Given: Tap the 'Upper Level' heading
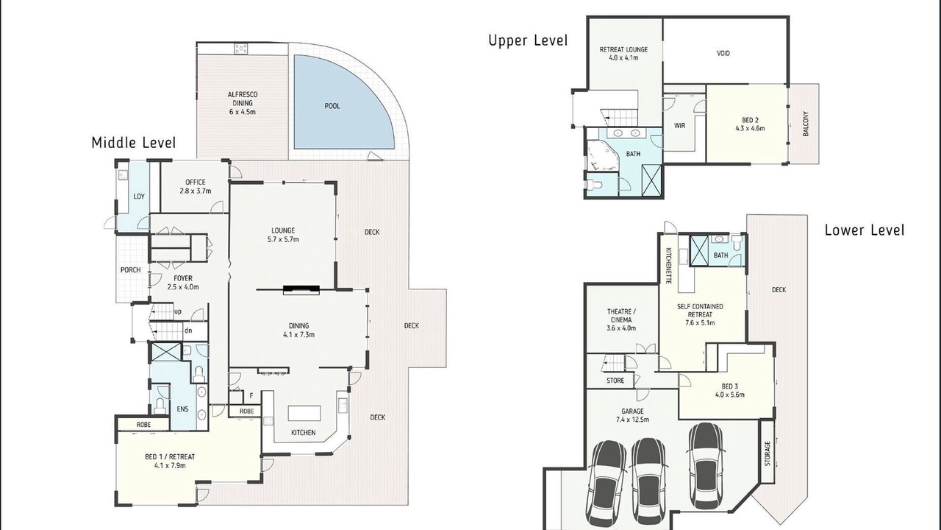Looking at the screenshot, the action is click(x=528, y=40).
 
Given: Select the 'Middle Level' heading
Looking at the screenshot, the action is click(x=134, y=143).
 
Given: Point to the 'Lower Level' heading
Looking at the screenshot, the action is click(x=865, y=230).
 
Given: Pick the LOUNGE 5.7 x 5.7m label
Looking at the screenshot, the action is click(x=283, y=235).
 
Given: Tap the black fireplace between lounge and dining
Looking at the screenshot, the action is click(x=301, y=289).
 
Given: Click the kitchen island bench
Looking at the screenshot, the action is click(x=304, y=413).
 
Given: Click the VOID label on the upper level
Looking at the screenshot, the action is click(x=723, y=54).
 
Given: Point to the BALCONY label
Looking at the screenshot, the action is click(x=806, y=124).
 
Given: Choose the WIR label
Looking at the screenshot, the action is click(x=679, y=125).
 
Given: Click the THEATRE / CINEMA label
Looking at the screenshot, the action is click(x=621, y=319).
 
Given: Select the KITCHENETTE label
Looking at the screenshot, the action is click(x=668, y=265).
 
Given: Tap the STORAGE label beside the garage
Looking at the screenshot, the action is click(x=768, y=453).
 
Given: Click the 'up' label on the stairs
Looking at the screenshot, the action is click(x=178, y=311).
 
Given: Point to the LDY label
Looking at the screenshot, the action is click(x=139, y=197).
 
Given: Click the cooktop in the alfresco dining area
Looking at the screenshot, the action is click(x=241, y=49).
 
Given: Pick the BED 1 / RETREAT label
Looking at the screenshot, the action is click(x=170, y=461).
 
